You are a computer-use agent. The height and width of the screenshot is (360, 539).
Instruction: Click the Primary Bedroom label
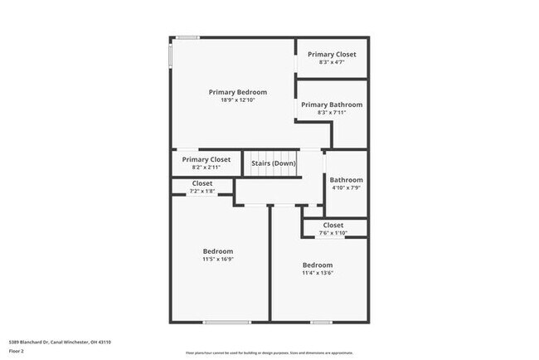(x=238, y=92)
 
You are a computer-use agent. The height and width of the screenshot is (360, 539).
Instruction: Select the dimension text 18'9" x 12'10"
(x=238, y=100)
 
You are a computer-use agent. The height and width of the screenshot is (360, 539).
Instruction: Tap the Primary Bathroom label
(x=332, y=105)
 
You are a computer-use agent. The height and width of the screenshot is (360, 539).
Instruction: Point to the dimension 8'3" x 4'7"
(x=332, y=62)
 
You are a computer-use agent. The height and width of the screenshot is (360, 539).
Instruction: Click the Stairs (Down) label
(x=274, y=163)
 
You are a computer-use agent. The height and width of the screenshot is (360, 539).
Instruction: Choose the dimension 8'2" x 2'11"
(x=206, y=167)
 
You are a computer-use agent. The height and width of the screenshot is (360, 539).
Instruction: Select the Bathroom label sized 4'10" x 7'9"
(x=346, y=180)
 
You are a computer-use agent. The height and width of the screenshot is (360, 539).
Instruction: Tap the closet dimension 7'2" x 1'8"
(x=202, y=192)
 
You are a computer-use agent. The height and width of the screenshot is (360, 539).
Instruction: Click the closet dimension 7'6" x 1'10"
(x=333, y=233)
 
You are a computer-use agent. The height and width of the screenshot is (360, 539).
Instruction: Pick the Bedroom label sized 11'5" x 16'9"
(x=218, y=251)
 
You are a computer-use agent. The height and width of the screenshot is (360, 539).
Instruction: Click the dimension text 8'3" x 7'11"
(x=332, y=113)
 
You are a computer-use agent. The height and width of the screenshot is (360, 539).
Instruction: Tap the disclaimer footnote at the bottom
(x=269, y=353)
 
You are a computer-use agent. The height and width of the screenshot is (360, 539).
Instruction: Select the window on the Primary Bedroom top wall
(x=187, y=37)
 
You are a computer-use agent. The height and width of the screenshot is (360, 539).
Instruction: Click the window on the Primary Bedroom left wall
(x=171, y=54)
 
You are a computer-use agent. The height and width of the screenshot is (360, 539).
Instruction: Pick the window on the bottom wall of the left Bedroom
(x=226, y=322)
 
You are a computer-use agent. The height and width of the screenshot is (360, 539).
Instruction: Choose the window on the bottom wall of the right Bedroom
(x=322, y=322)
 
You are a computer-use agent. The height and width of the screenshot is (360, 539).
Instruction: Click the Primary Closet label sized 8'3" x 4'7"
(x=332, y=54)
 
